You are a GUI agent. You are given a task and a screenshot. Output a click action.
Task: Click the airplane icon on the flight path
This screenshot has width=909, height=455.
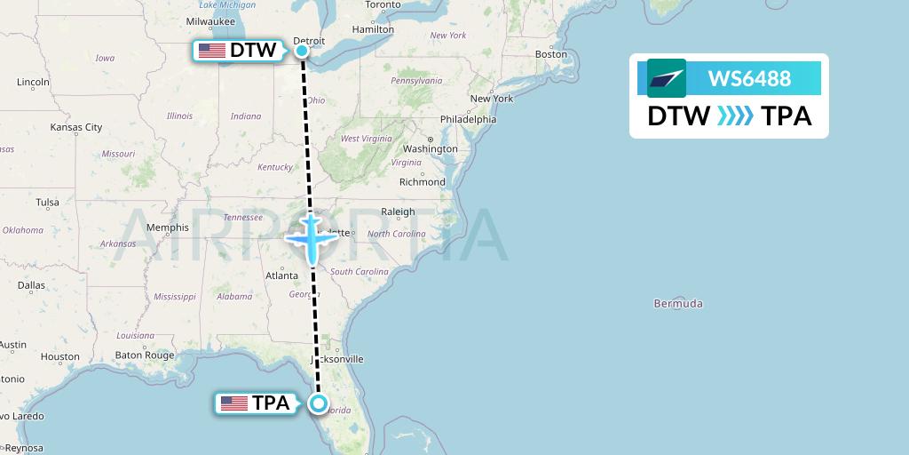click(x=312, y=237)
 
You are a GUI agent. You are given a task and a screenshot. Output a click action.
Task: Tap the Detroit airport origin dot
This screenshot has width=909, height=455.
click(x=302, y=51)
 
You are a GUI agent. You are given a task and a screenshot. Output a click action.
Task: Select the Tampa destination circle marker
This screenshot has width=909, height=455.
click(x=319, y=403)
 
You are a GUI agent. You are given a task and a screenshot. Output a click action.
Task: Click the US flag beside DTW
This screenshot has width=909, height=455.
click(x=212, y=51)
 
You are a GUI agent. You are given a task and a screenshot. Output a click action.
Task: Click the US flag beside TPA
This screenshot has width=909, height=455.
click(x=234, y=403)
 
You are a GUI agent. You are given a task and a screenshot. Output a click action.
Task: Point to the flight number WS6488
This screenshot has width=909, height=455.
click(x=749, y=78)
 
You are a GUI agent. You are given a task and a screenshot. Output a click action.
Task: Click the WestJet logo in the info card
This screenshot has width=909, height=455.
click(x=667, y=78)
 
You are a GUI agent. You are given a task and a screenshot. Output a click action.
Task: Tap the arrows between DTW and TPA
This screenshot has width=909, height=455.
click(x=735, y=116)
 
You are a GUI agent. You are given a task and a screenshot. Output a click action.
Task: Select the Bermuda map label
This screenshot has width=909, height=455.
click(x=678, y=304)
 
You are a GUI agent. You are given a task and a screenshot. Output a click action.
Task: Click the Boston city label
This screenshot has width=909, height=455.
click(x=550, y=54)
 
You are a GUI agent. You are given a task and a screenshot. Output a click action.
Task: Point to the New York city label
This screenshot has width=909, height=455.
click(x=492, y=99)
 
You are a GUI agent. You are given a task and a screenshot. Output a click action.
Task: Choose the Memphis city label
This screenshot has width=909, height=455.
click(x=168, y=227)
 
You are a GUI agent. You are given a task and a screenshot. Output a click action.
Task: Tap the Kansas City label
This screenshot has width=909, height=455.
click(x=76, y=128)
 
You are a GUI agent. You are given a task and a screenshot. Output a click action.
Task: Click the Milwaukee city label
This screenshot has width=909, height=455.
click(x=210, y=21)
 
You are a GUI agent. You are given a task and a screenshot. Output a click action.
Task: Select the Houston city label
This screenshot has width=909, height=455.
click(x=59, y=357)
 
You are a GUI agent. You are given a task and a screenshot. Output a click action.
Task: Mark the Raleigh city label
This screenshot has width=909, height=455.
click(x=398, y=212)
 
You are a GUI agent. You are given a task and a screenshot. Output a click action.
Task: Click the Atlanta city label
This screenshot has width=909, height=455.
click(x=281, y=275)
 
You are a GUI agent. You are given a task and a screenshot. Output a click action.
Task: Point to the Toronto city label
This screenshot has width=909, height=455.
click(x=383, y=4)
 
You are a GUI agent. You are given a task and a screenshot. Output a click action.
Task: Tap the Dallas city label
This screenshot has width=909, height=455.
click(x=31, y=285)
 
